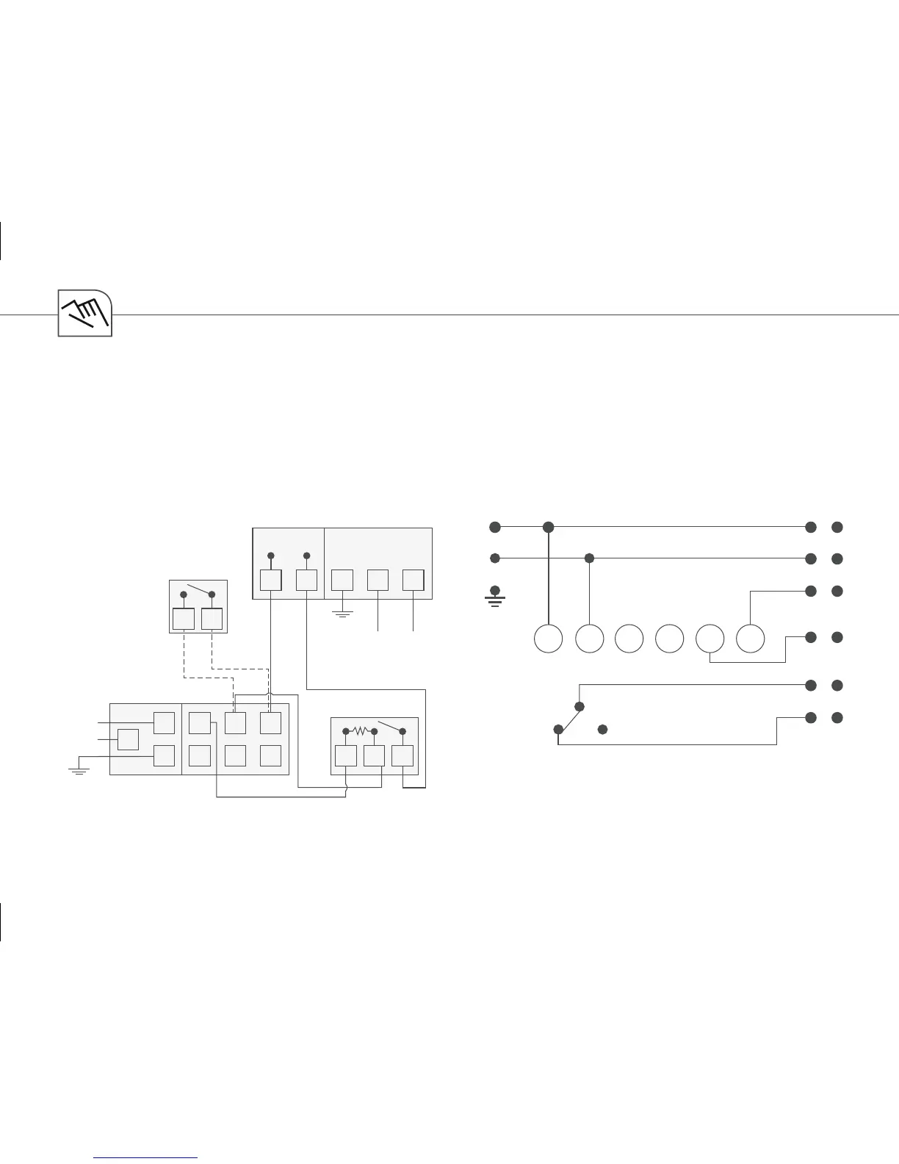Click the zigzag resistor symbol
point(360,730)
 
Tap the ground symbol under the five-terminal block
point(342,612)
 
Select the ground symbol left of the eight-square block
point(78,771)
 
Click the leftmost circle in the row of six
point(548,639)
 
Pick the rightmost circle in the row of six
point(750,639)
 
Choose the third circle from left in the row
point(629,639)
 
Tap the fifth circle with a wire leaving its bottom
point(710,639)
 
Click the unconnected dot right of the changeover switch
point(602,729)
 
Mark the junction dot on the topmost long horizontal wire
point(548,527)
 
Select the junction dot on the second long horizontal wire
point(589,558)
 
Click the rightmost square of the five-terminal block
point(414,580)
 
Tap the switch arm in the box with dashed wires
point(198,589)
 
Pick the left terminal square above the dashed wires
point(184,619)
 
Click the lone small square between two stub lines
point(128,739)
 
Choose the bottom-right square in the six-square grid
point(270,755)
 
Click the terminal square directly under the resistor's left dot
point(346,755)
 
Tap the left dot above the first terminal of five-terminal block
point(271,556)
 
